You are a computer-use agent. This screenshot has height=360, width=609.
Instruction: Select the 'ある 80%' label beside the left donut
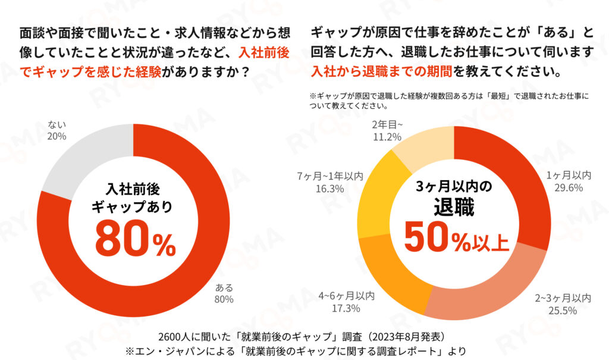(225, 293)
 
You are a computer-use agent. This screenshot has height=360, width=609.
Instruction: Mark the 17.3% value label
(347, 308)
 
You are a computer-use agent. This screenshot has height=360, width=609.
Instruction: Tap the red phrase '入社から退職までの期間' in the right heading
(381, 72)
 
